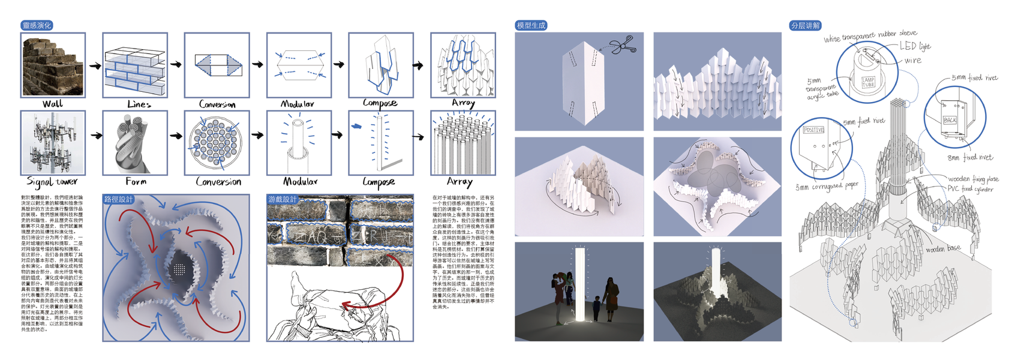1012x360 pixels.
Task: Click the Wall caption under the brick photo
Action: tap(53, 104)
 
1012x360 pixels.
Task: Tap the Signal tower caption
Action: tap(52, 181)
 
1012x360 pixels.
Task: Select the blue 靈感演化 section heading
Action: tap(37, 25)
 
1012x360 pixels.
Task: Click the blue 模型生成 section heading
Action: tap(531, 25)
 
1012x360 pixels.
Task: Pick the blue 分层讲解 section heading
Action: tap(805, 25)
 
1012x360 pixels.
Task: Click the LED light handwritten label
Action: tap(915, 46)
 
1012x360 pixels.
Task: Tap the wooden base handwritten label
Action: tap(943, 248)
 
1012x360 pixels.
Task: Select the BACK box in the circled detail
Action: tap(950, 119)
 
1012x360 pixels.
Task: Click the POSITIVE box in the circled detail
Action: tap(813, 130)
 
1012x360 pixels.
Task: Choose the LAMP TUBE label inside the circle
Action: tap(868, 82)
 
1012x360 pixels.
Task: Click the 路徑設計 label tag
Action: tap(118, 199)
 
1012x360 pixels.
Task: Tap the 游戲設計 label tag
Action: tap(282, 199)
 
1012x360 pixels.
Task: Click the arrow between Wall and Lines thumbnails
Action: tap(95, 65)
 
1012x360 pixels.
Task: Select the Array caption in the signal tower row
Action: tap(460, 181)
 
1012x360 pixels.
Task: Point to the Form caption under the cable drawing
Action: tap(136, 181)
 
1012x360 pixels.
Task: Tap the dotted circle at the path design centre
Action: tap(179, 270)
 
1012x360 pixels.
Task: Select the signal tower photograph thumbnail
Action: tap(53, 143)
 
